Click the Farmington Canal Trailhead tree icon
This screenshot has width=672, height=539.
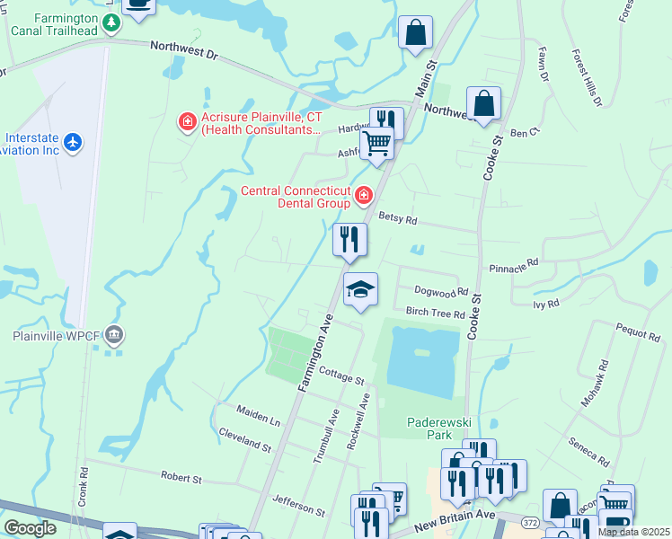[x=111, y=22]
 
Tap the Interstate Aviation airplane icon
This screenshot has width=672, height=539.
[x=74, y=143]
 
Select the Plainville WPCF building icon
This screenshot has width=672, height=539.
[x=113, y=336]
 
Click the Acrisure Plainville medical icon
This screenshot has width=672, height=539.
[x=187, y=121]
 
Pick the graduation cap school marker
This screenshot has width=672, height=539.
[x=360, y=289]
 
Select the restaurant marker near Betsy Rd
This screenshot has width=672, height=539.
[x=349, y=239]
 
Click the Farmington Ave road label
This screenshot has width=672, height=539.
[x=315, y=352]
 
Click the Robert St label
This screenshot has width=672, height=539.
[x=180, y=476]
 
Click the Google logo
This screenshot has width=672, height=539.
[x=31, y=528]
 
